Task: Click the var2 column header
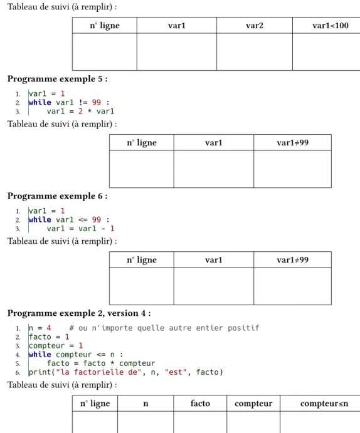(x=255, y=26)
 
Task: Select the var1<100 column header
(x=331, y=26)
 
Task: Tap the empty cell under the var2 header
(x=255, y=52)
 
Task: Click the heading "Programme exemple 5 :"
(x=58, y=79)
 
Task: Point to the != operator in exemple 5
(x=83, y=102)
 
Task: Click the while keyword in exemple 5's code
(x=40, y=102)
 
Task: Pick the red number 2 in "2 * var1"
(x=80, y=112)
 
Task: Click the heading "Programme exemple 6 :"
(x=58, y=196)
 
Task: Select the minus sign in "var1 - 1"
(x=103, y=229)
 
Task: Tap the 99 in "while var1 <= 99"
(x=97, y=219)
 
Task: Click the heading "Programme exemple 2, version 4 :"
(x=79, y=313)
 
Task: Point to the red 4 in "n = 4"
(x=49, y=328)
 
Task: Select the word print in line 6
(x=40, y=372)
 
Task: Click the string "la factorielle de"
(x=99, y=372)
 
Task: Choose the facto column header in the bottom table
(x=200, y=404)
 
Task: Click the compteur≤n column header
(x=324, y=404)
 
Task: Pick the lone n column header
(x=146, y=404)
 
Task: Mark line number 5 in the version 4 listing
(x=18, y=363)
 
